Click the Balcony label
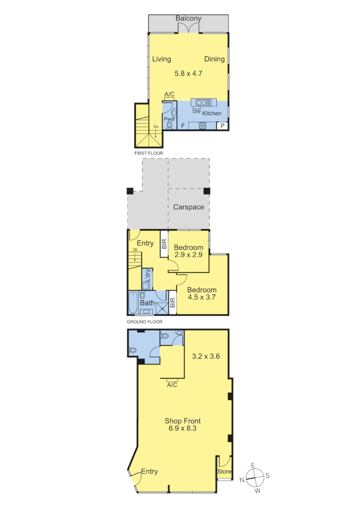(188, 18)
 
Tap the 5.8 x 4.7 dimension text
(188, 74)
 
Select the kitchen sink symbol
(204, 102)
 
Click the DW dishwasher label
(196, 112)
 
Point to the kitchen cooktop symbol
(203, 125)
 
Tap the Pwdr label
(169, 120)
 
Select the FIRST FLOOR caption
(148, 154)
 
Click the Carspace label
(188, 207)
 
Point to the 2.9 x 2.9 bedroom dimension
(188, 255)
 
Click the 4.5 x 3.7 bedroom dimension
(202, 297)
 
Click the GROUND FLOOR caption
(145, 322)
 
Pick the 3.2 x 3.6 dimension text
(206, 356)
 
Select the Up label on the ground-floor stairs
(135, 250)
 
